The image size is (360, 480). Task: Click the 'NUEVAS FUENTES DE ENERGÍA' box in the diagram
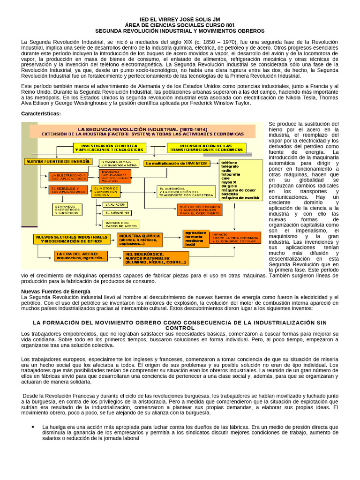click(58, 161)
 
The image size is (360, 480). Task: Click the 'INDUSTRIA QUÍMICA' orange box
click(139, 240)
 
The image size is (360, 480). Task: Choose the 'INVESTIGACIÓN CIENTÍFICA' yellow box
click(109, 148)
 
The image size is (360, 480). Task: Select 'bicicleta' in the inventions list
click(231, 193)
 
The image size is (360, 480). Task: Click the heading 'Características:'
click(41, 114)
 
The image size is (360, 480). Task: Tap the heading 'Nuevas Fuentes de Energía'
click(56, 291)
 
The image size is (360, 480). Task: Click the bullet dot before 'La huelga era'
click(33, 427)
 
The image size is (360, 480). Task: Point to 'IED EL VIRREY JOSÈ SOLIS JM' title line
click(180, 20)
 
